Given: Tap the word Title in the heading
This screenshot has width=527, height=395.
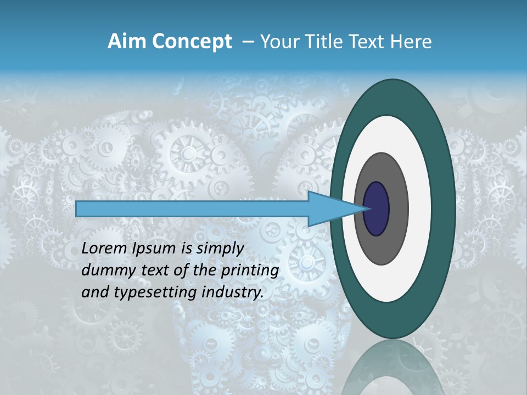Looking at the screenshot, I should [x=326, y=42].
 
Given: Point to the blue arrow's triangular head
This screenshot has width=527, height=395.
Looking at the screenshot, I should [x=329, y=208].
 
